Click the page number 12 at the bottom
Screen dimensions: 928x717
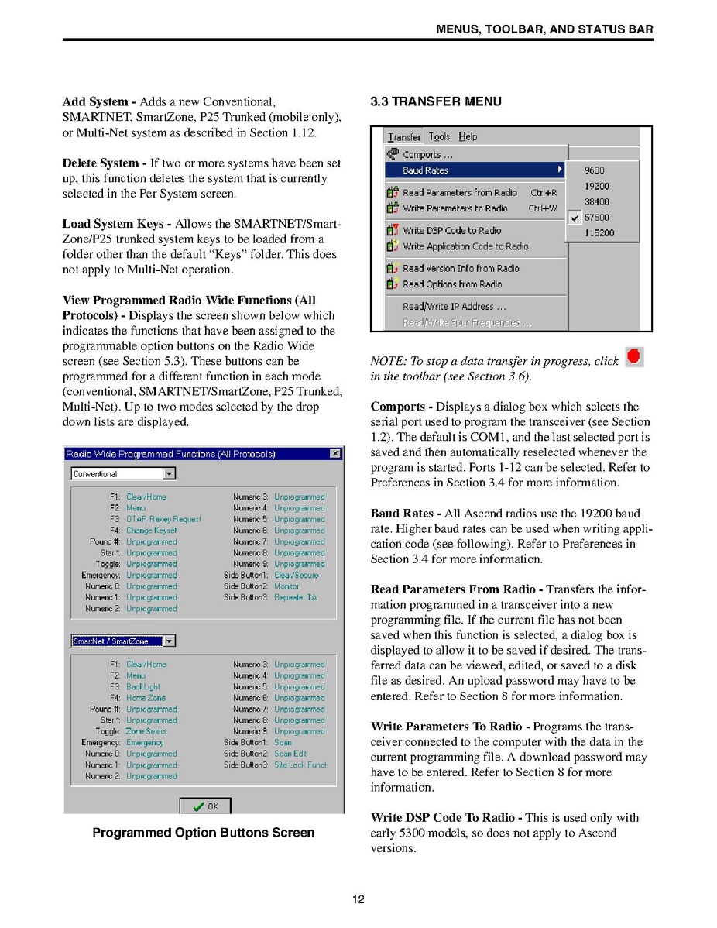pos(358,899)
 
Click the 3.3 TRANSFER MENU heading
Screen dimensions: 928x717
pos(435,101)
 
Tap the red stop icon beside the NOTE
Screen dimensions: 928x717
pos(633,357)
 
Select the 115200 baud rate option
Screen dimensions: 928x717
pos(599,232)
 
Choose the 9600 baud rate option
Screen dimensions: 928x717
pos(595,170)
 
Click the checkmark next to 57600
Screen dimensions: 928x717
pos(574,218)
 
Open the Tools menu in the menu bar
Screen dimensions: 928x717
pos(439,136)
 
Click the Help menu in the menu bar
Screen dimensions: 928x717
pos(468,136)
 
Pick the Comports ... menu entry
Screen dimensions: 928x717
pos(427,154)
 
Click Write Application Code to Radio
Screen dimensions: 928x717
pos(465,246)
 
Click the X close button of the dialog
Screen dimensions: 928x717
pos(334,454)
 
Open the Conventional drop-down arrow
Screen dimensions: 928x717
pos(170,474)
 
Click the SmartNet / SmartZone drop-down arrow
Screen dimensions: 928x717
pos(170,641)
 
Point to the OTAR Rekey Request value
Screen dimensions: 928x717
pos(163,519)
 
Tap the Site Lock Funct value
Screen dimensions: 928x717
pos(300,765)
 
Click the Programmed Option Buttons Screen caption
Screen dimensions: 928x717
pos(204,833)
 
